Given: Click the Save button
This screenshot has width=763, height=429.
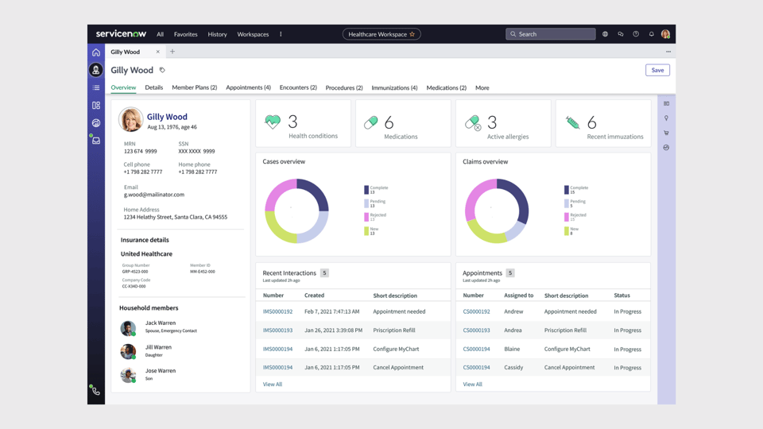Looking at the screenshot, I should point(657,70).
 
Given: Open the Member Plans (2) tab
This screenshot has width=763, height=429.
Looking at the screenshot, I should point(194,87).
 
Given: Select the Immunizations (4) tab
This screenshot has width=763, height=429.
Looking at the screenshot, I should point(394,87).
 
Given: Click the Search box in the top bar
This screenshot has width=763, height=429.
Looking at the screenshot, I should point(551,34).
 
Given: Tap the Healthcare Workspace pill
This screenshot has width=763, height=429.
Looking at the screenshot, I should point(381,34).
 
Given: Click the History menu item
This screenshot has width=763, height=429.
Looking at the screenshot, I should point(217,34).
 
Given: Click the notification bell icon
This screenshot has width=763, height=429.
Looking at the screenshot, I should point(651,34).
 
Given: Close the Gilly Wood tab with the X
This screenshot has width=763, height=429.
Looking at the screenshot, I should point(157,52).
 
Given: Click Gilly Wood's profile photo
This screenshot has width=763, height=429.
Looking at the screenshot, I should point(131,119).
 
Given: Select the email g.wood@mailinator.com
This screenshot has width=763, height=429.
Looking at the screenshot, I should point(154,195).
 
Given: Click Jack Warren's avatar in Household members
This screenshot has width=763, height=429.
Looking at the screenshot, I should point(128,327).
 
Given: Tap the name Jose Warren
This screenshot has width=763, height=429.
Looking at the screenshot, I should point(161,370).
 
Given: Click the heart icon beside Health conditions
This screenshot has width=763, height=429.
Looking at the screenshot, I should point(273,122).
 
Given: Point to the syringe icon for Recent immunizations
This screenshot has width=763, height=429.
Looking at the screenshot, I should point(572,122).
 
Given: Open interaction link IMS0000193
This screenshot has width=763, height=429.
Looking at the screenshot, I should point(277,330).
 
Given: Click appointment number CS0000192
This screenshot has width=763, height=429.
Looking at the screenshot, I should point(476,311).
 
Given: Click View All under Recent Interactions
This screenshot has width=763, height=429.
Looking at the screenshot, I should point(273,385).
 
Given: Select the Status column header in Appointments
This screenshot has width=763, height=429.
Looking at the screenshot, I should point(622,296).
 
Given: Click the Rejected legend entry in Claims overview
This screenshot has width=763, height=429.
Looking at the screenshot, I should point(577,216).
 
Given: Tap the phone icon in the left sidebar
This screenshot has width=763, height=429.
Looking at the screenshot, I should point(96,391).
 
